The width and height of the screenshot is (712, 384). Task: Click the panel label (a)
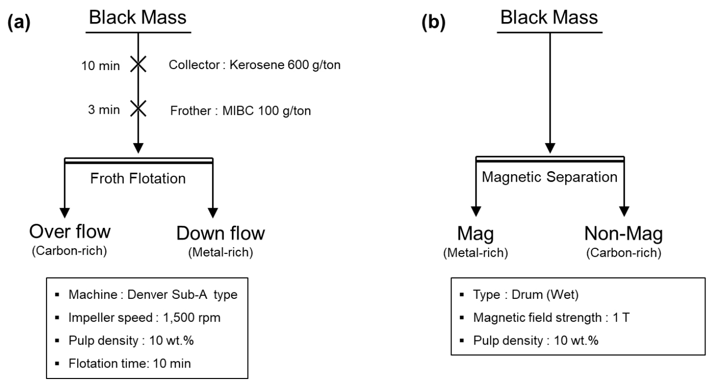(19, 24)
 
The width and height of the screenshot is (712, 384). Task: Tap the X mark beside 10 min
(138, 65)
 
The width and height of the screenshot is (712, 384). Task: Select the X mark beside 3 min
(138, 109)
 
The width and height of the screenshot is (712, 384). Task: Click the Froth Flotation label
(139, 178)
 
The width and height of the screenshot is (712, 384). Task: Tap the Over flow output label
(70, 233)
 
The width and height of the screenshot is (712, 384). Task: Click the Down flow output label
(220, 234)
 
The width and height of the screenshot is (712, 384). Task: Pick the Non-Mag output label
(623, 234)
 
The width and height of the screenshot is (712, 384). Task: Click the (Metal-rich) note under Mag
(476, 253)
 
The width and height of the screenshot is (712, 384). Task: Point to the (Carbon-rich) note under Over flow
(70, 252)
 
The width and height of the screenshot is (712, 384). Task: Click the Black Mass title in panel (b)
(549, 18)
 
